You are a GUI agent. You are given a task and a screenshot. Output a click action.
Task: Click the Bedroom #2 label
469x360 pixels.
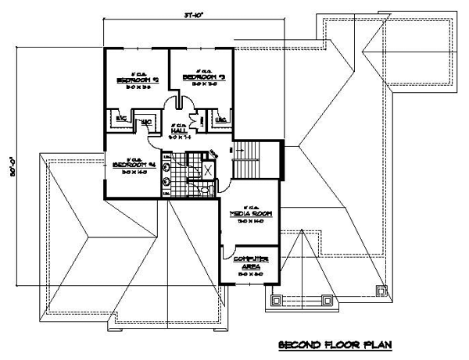pos(138,80)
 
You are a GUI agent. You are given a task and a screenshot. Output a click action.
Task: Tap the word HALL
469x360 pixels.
pos(179,130)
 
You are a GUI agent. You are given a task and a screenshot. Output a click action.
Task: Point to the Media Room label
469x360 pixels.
pos(249,212)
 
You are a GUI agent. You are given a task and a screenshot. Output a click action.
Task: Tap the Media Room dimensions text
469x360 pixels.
pos(249,221)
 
